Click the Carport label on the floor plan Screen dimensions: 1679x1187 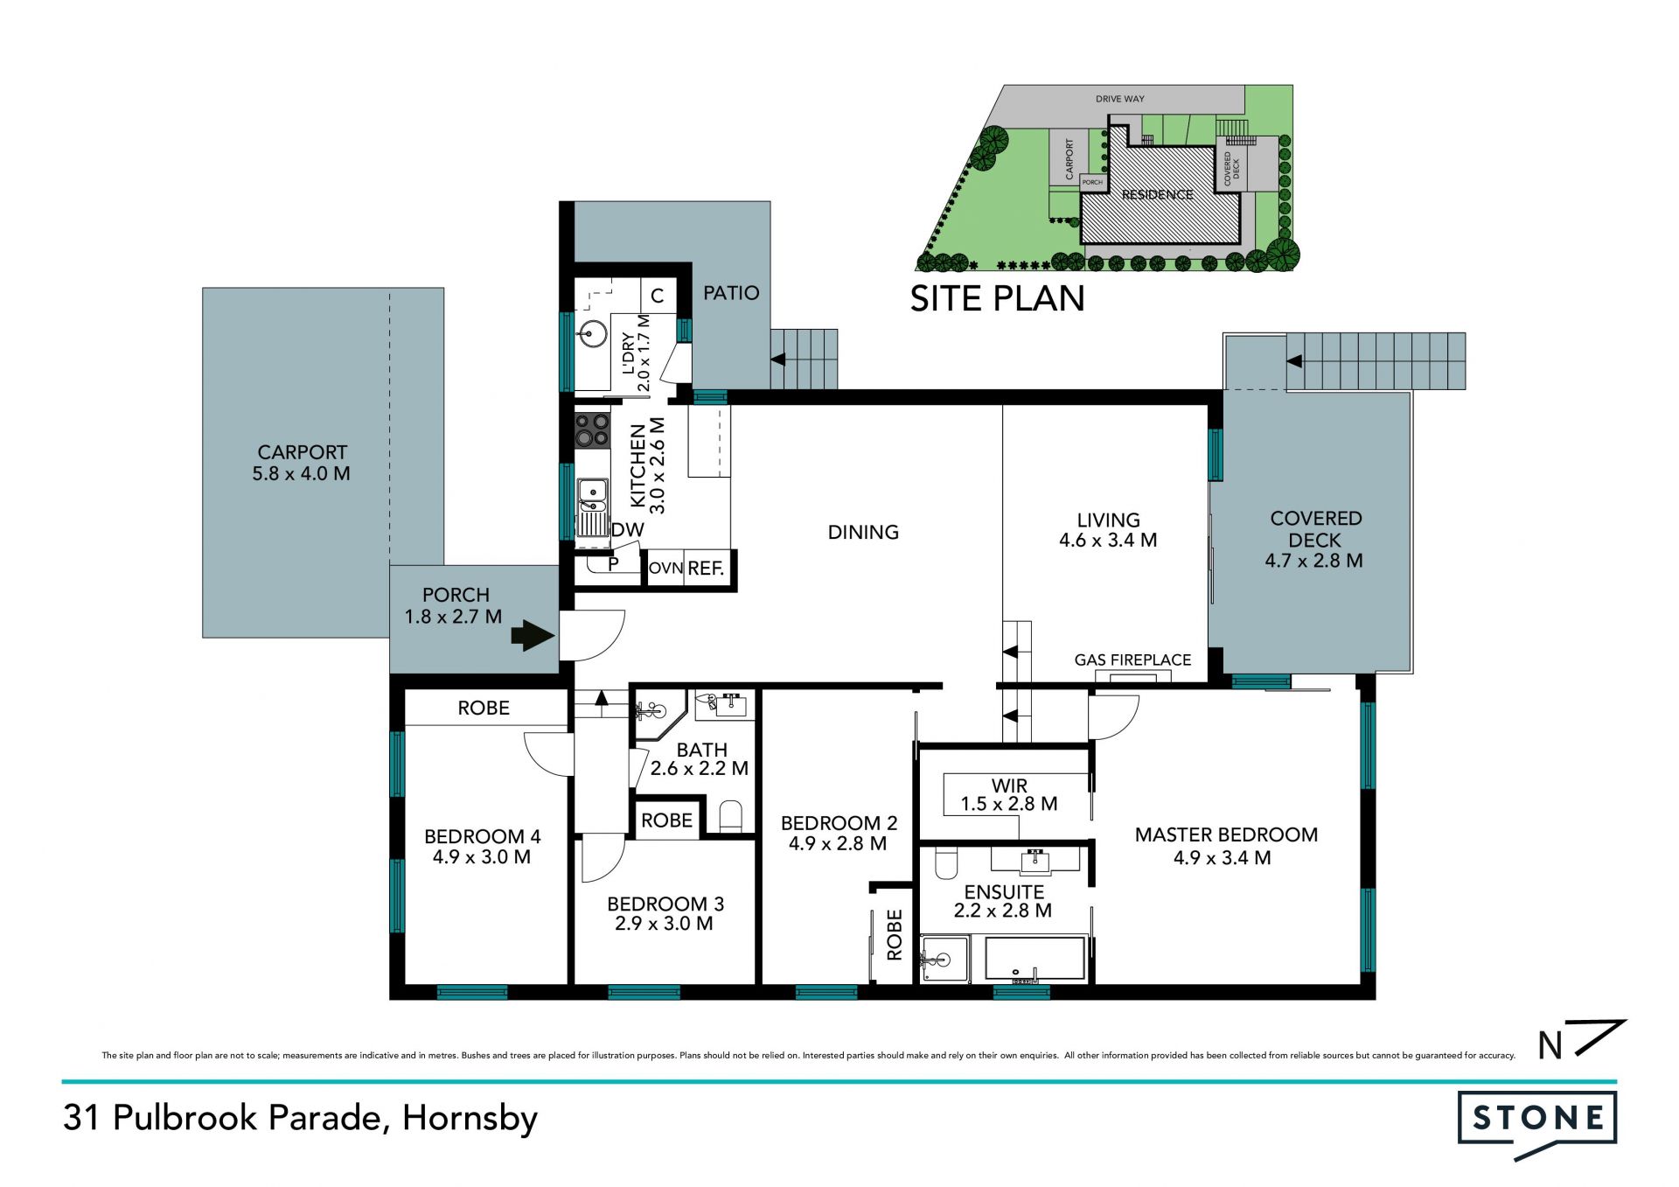pyautogui.click(x=302, y=452)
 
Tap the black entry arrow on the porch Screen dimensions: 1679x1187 pyautogui.click(x=533, y=636)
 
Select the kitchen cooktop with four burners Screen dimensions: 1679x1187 pyautogui.click(x=592, y=430)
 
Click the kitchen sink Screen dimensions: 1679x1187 pyautogui.click(x=592, y=506)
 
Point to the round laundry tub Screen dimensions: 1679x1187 pyautogui.click(x=593, y=333)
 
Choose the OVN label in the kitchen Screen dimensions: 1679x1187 pyautogui.click(x=665, y=569)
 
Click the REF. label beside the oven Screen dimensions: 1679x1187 pyautogui.click(x=706, y=569)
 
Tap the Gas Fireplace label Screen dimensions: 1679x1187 pyautogui.click(x=1132, y=660)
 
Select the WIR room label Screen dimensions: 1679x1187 pyautogui.click(x=1009, y=786)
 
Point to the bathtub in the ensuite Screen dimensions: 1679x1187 pyautogui.click(x=1035, y=959)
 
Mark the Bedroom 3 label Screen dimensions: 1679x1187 pyautogui.click(x=665, y=904)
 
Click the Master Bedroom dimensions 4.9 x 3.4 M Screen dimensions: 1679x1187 pyautogui.click(x=1222, y=858)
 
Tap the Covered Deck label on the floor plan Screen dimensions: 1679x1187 pyautogui.click(x=1315, y=528)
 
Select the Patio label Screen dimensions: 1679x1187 pyautogui.click(x=731, y=293)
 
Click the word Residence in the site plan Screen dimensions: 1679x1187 pyautogui.click(x=1157, y=195)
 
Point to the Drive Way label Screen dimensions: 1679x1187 pyautogui.click(x=1119, y=99)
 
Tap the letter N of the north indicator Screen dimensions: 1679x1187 pyautogui.click(x=1550, y=1045)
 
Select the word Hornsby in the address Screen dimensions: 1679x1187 pyautogui.click(x=470, y=1119)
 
